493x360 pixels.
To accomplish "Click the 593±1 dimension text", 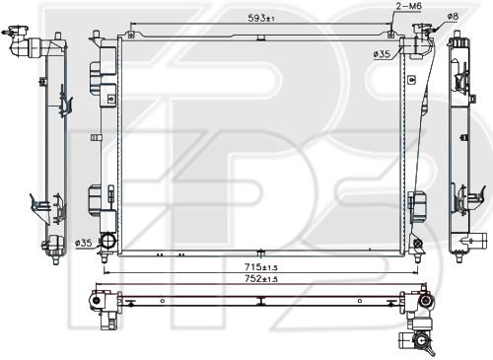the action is click(x=261, y=18).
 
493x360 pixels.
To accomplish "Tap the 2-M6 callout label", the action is click(x=409, y=6).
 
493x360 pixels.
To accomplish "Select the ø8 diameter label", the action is click(x=453, y=16).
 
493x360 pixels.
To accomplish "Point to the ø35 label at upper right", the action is click(x=383, y=53).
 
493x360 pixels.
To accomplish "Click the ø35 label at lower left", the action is click(x=84, y=243).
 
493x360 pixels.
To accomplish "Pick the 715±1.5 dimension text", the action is click(x=261, y=267).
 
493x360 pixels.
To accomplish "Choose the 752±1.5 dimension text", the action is click(x=261, y=279).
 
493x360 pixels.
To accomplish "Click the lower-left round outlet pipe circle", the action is click(x=108, y=241).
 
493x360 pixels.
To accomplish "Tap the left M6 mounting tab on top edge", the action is click(x=131, y=35).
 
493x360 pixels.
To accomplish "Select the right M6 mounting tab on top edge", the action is click(x=390, y=35).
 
